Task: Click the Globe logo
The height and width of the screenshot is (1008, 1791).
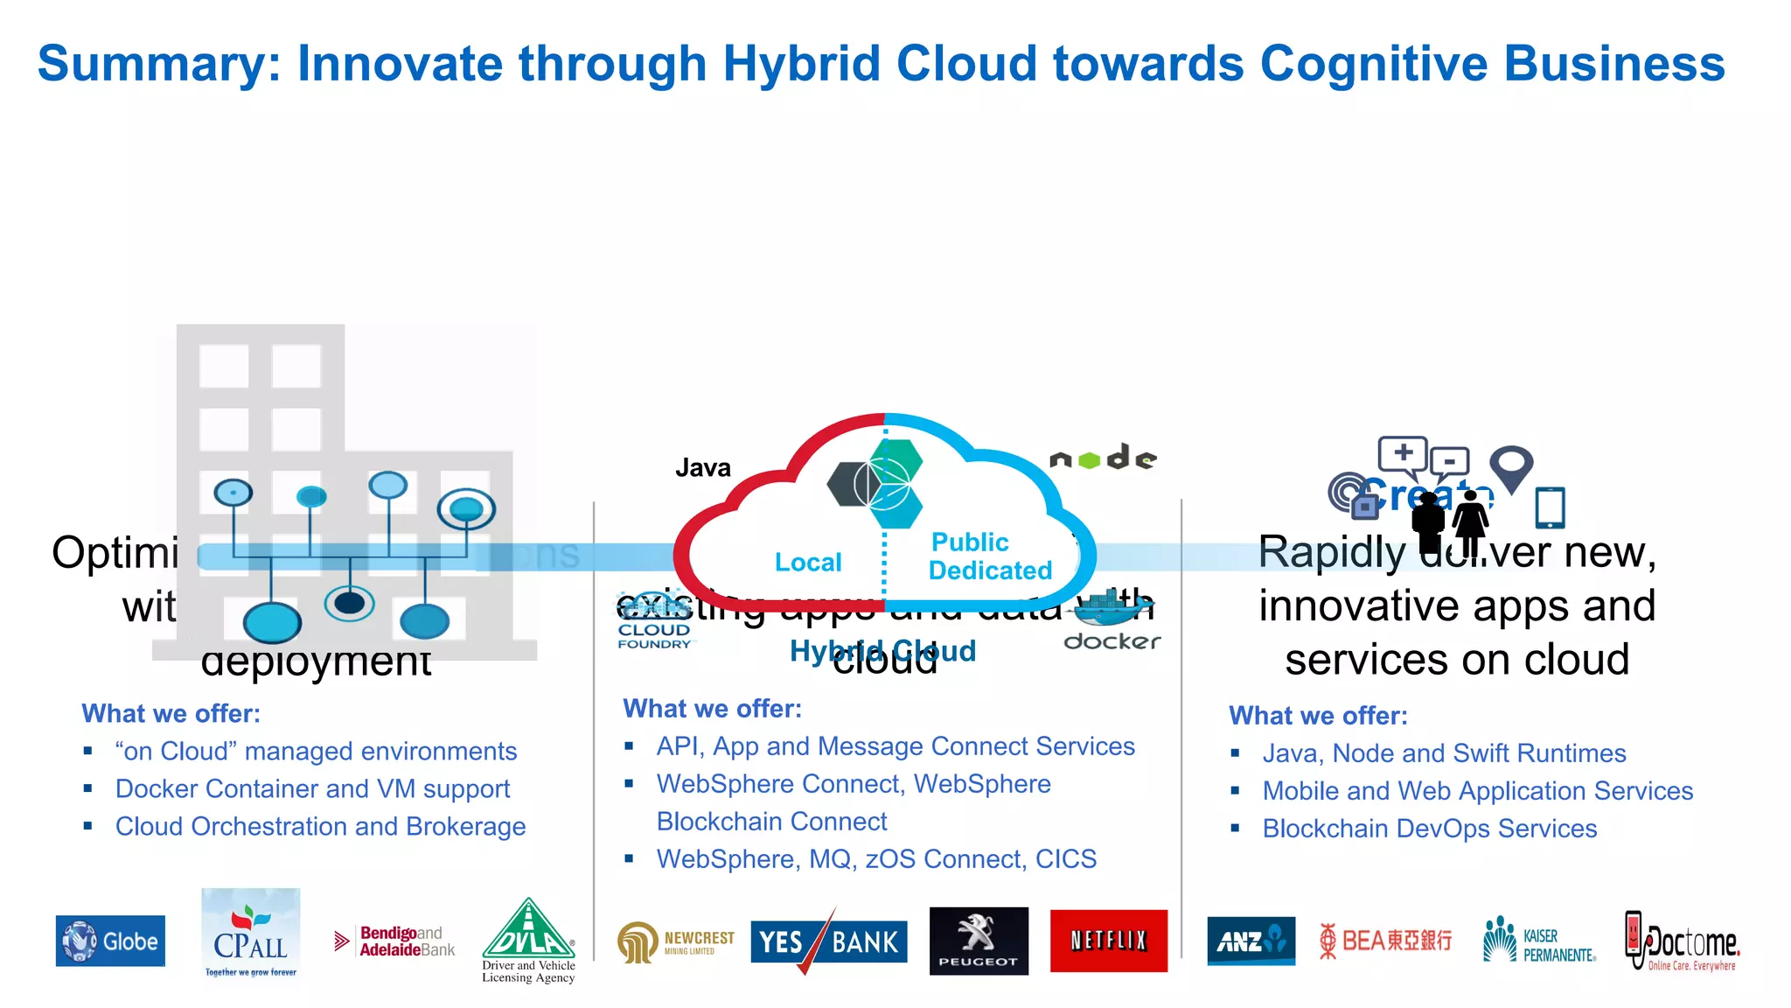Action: pos(110,941)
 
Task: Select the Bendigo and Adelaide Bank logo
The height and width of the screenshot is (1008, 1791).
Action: pos(395,941)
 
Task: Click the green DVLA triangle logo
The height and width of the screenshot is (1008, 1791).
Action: pos(528,931)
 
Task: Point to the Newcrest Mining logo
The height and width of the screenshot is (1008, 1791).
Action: pos(676,942)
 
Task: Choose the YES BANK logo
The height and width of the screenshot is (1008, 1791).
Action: pos(828,942)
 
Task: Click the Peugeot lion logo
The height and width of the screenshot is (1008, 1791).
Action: pos(978,941)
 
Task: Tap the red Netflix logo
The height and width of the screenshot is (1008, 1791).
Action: pos(1108,941)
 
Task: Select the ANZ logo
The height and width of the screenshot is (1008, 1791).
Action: pos(1251,941)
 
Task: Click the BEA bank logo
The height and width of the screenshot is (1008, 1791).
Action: pos(1385,941)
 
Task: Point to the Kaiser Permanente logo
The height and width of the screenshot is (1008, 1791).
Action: pos(1539,941)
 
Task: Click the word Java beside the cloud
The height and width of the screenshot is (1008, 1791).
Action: pos(702,468)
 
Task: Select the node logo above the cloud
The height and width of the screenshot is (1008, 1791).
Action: pos(1104,458)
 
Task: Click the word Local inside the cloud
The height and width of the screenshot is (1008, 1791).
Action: pos(808,562)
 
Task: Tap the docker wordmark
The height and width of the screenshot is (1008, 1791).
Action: pos(1112,641)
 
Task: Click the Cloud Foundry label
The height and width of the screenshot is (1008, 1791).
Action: pos(654,635)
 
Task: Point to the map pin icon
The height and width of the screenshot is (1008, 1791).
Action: pos(1511,465)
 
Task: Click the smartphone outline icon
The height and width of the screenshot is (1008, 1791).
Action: pos(1550,507)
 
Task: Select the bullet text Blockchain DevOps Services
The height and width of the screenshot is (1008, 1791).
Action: pos(1429,829)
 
